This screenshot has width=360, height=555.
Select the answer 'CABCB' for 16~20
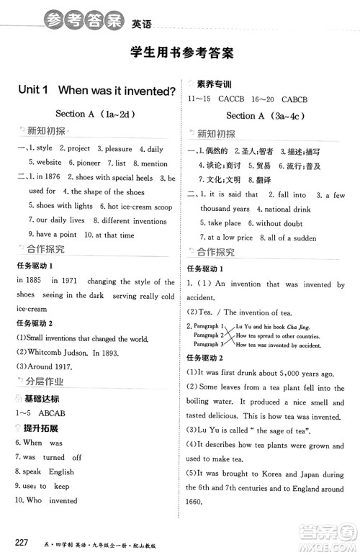click(x=297, y=99)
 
